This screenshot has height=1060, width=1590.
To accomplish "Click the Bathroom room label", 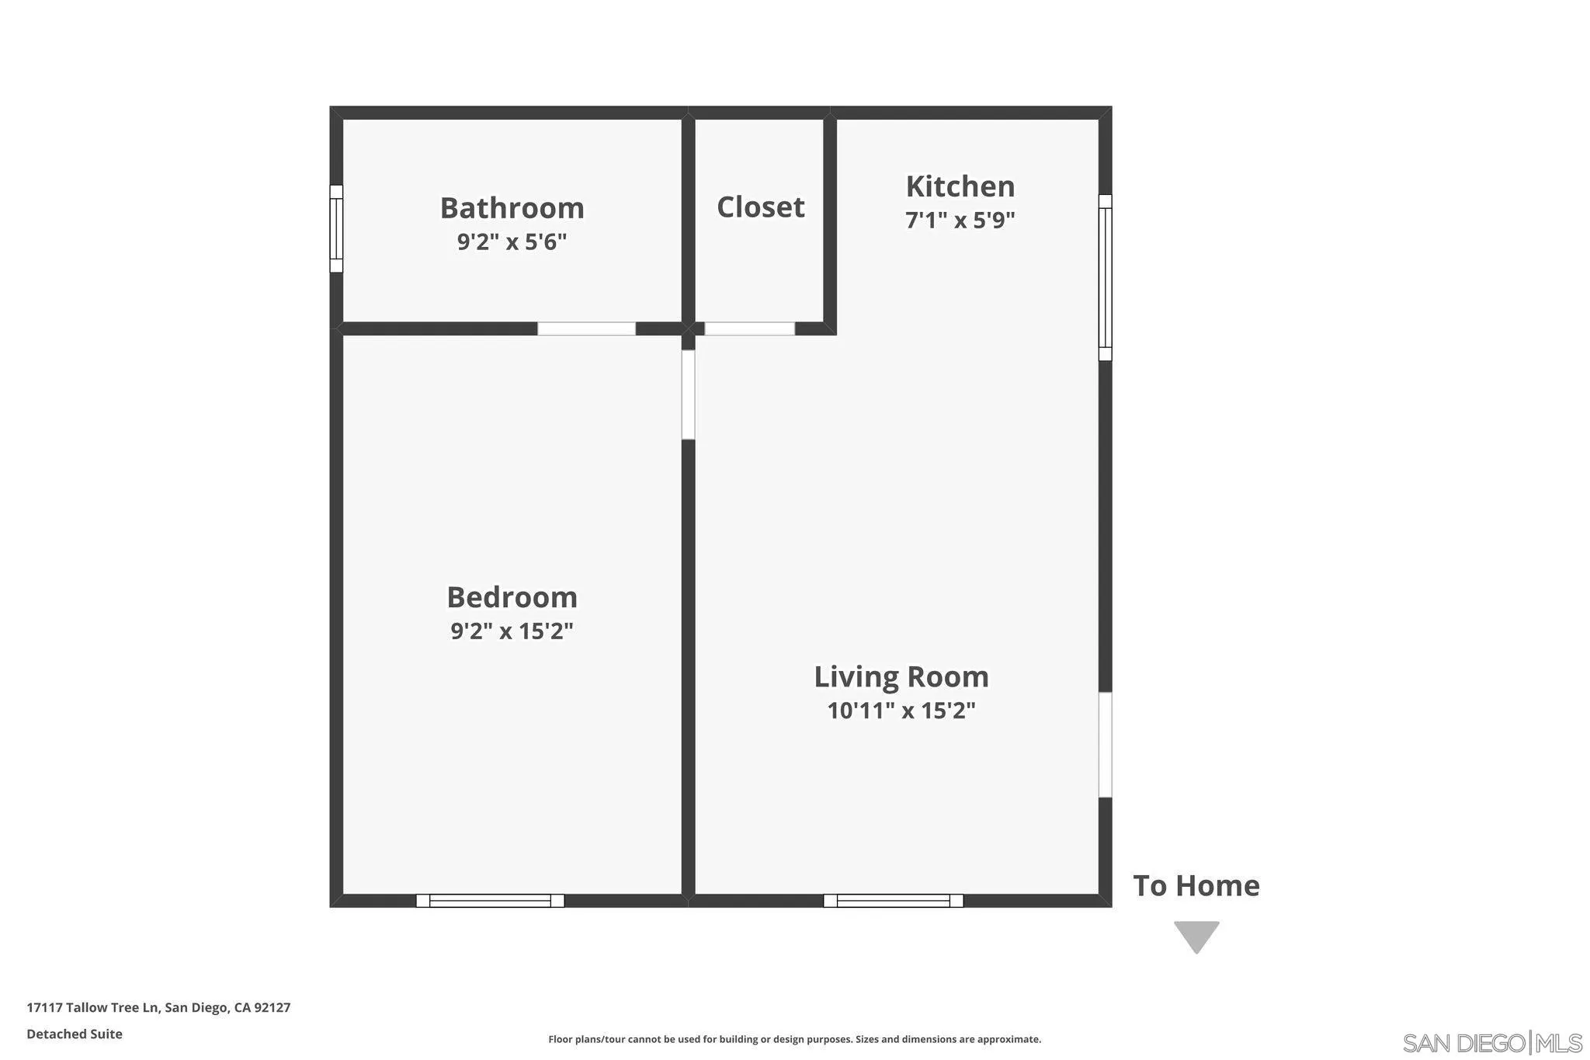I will (512, 208).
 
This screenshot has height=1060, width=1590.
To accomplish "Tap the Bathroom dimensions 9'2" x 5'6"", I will (512, 242).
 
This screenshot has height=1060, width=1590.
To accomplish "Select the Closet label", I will (760, 207).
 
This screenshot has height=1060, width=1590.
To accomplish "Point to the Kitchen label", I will (960, 186).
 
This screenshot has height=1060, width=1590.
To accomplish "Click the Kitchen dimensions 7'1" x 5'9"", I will (960, 221).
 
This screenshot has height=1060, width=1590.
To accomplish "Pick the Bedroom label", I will (512, 597).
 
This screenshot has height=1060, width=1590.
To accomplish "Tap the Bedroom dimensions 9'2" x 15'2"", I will (512, 631).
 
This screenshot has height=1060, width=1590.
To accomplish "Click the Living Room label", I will (901, 676).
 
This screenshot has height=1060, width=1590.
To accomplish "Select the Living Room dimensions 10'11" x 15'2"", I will (901, 711).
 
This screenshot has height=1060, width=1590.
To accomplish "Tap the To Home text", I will (1196, 886).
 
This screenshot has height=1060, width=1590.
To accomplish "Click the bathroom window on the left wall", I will (336, 228).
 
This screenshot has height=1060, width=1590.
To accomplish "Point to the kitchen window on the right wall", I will (1105, 277).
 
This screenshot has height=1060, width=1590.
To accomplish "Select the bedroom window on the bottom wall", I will (490, 901).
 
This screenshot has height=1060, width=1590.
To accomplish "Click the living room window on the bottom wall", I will (893, 901).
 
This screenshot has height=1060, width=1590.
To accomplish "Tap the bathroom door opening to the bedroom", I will (586, 328).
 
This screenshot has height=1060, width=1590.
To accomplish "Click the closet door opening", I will (749, 328).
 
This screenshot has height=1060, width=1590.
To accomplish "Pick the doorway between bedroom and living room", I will (688, 394).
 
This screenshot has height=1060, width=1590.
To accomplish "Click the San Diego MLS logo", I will (1491, 1042).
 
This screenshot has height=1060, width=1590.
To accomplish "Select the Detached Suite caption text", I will (75, 1034).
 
